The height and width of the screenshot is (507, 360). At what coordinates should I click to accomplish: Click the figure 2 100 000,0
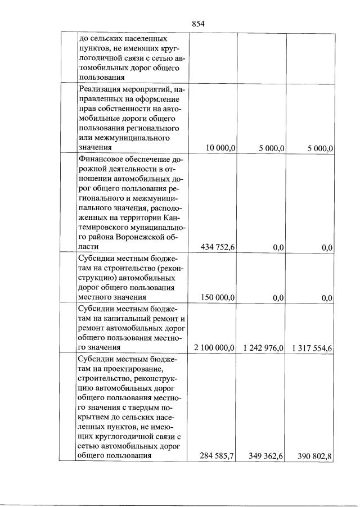coord(214,348)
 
